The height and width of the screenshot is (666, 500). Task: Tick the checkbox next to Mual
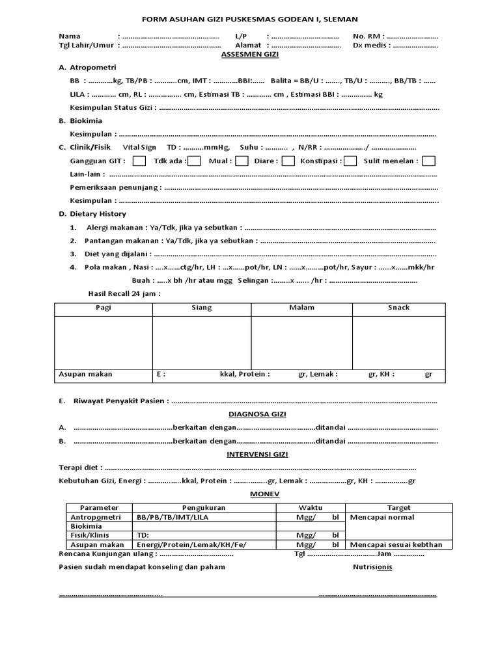click(x=242, y=161)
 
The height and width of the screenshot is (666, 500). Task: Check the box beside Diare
click(x=288, y=161)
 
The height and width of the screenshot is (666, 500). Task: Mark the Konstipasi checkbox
click(x=350, y=161)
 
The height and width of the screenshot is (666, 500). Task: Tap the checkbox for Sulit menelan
click(x=428, y=161)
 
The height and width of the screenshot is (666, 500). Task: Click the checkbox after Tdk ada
click(x=194, y=161)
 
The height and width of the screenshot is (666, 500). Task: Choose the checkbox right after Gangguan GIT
click(x=139, y=161)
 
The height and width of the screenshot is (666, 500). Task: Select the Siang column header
click(x=201, y=308)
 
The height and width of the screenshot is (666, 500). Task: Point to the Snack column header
click(x=398, y=308)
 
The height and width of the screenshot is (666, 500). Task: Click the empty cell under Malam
click(x=301, y=341)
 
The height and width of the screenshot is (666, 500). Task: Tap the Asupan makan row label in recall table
click(x=86, y=374)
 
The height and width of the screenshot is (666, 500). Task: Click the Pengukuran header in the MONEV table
click(x=204, y=507)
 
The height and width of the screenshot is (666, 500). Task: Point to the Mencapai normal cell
click(x=382, y=517)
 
